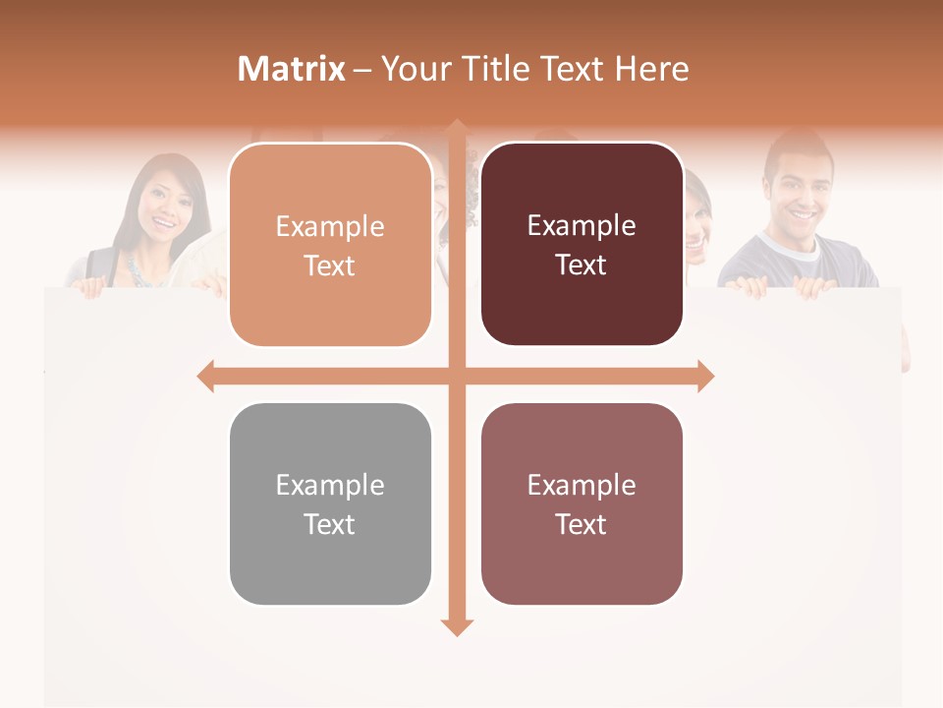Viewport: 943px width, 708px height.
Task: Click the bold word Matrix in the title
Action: click(292, 69)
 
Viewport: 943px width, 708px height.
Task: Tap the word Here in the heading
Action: click(652, 69)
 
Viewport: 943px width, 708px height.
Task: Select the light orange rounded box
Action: click(330, 246)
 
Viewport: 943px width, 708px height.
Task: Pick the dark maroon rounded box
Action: click(582, 246)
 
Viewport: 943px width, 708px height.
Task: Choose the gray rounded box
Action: click(330, 504)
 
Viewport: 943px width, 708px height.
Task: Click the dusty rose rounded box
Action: click(582, 504)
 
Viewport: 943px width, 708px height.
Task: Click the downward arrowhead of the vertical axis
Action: click(457, 627)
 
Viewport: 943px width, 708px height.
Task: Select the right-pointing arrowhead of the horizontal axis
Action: click(705, 376)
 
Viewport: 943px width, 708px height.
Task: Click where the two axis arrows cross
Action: click(457, 376)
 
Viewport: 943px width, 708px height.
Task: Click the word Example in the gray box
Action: click(330, 486)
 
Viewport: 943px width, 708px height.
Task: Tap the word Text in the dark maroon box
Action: click(582, 265)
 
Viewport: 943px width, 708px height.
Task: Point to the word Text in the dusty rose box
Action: click(582, 525)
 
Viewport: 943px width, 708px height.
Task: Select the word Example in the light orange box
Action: click(330, 227)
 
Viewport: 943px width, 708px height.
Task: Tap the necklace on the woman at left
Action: click(137, 267)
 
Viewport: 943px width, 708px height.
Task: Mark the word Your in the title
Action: click(413, 69)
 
